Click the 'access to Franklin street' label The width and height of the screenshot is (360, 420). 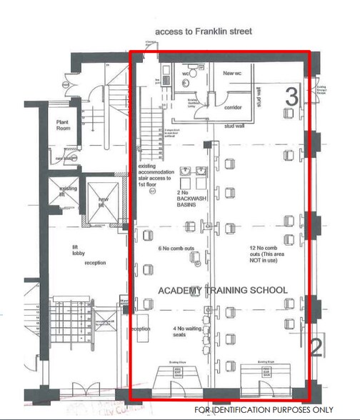tap(201, 32)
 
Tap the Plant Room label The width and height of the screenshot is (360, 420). tap(63, 126)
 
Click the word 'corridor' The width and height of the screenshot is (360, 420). tap(232, 108)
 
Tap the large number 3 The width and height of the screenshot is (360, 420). tap(291, 97)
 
